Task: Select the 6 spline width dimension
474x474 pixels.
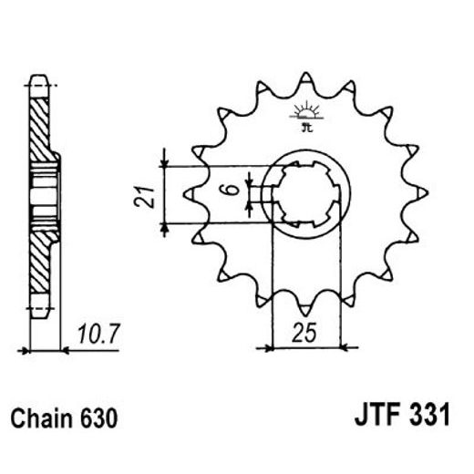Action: coord(233,192)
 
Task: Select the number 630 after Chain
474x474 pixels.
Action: coord(98,419)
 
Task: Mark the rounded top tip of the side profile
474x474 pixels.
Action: coord(38,79)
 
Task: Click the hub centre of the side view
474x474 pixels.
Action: coord(40,193)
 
